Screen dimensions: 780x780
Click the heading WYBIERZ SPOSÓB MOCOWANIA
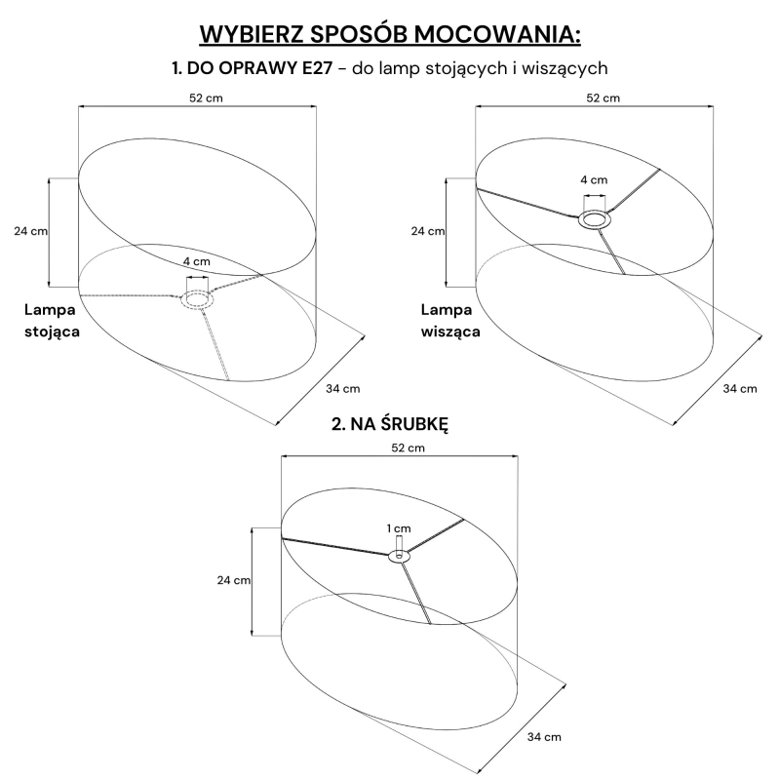click(390, 34)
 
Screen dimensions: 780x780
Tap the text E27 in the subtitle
click(317, 68)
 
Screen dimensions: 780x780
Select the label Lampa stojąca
click(52, 321)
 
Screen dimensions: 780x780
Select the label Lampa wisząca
click(450, 321)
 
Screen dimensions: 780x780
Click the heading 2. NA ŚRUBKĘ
click(390, 424)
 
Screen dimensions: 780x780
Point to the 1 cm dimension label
click(399, 528)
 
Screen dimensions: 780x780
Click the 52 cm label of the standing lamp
click(206, 98)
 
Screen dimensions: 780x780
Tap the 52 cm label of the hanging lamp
click(603, 98)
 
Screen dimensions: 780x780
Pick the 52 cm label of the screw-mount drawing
click(408, 448)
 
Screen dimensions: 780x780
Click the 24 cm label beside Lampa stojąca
click(31, 231)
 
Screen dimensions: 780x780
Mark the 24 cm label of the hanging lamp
click(428, 231)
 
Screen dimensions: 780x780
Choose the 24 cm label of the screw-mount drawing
click(234, 580)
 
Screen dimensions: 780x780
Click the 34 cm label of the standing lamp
click(343, 388)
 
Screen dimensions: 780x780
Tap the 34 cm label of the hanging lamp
click(740, 388)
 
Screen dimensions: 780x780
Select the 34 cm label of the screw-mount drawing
click(544, 737)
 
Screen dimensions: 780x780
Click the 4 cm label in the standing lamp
click(197, 261)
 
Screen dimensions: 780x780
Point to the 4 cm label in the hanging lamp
click(594, 179)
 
